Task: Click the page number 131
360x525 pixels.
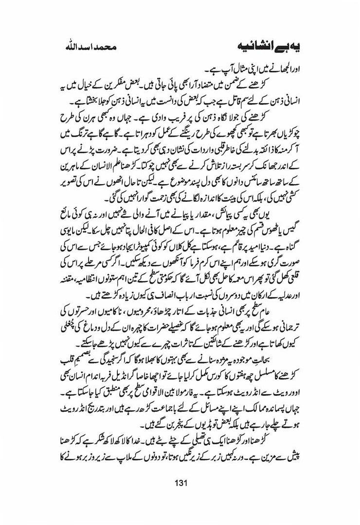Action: pos(180,483)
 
